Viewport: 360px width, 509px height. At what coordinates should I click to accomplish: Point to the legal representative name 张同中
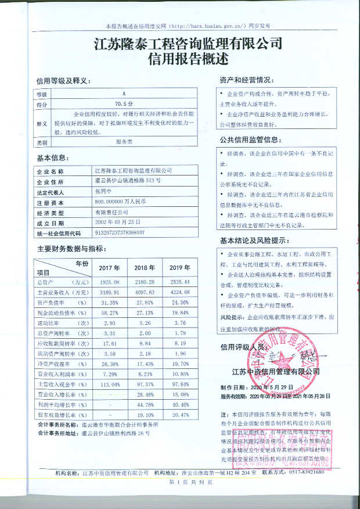coord(102,191)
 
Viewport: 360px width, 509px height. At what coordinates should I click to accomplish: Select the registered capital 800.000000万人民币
coord(120,202)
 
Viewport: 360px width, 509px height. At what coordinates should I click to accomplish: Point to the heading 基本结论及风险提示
coord(254,241)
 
